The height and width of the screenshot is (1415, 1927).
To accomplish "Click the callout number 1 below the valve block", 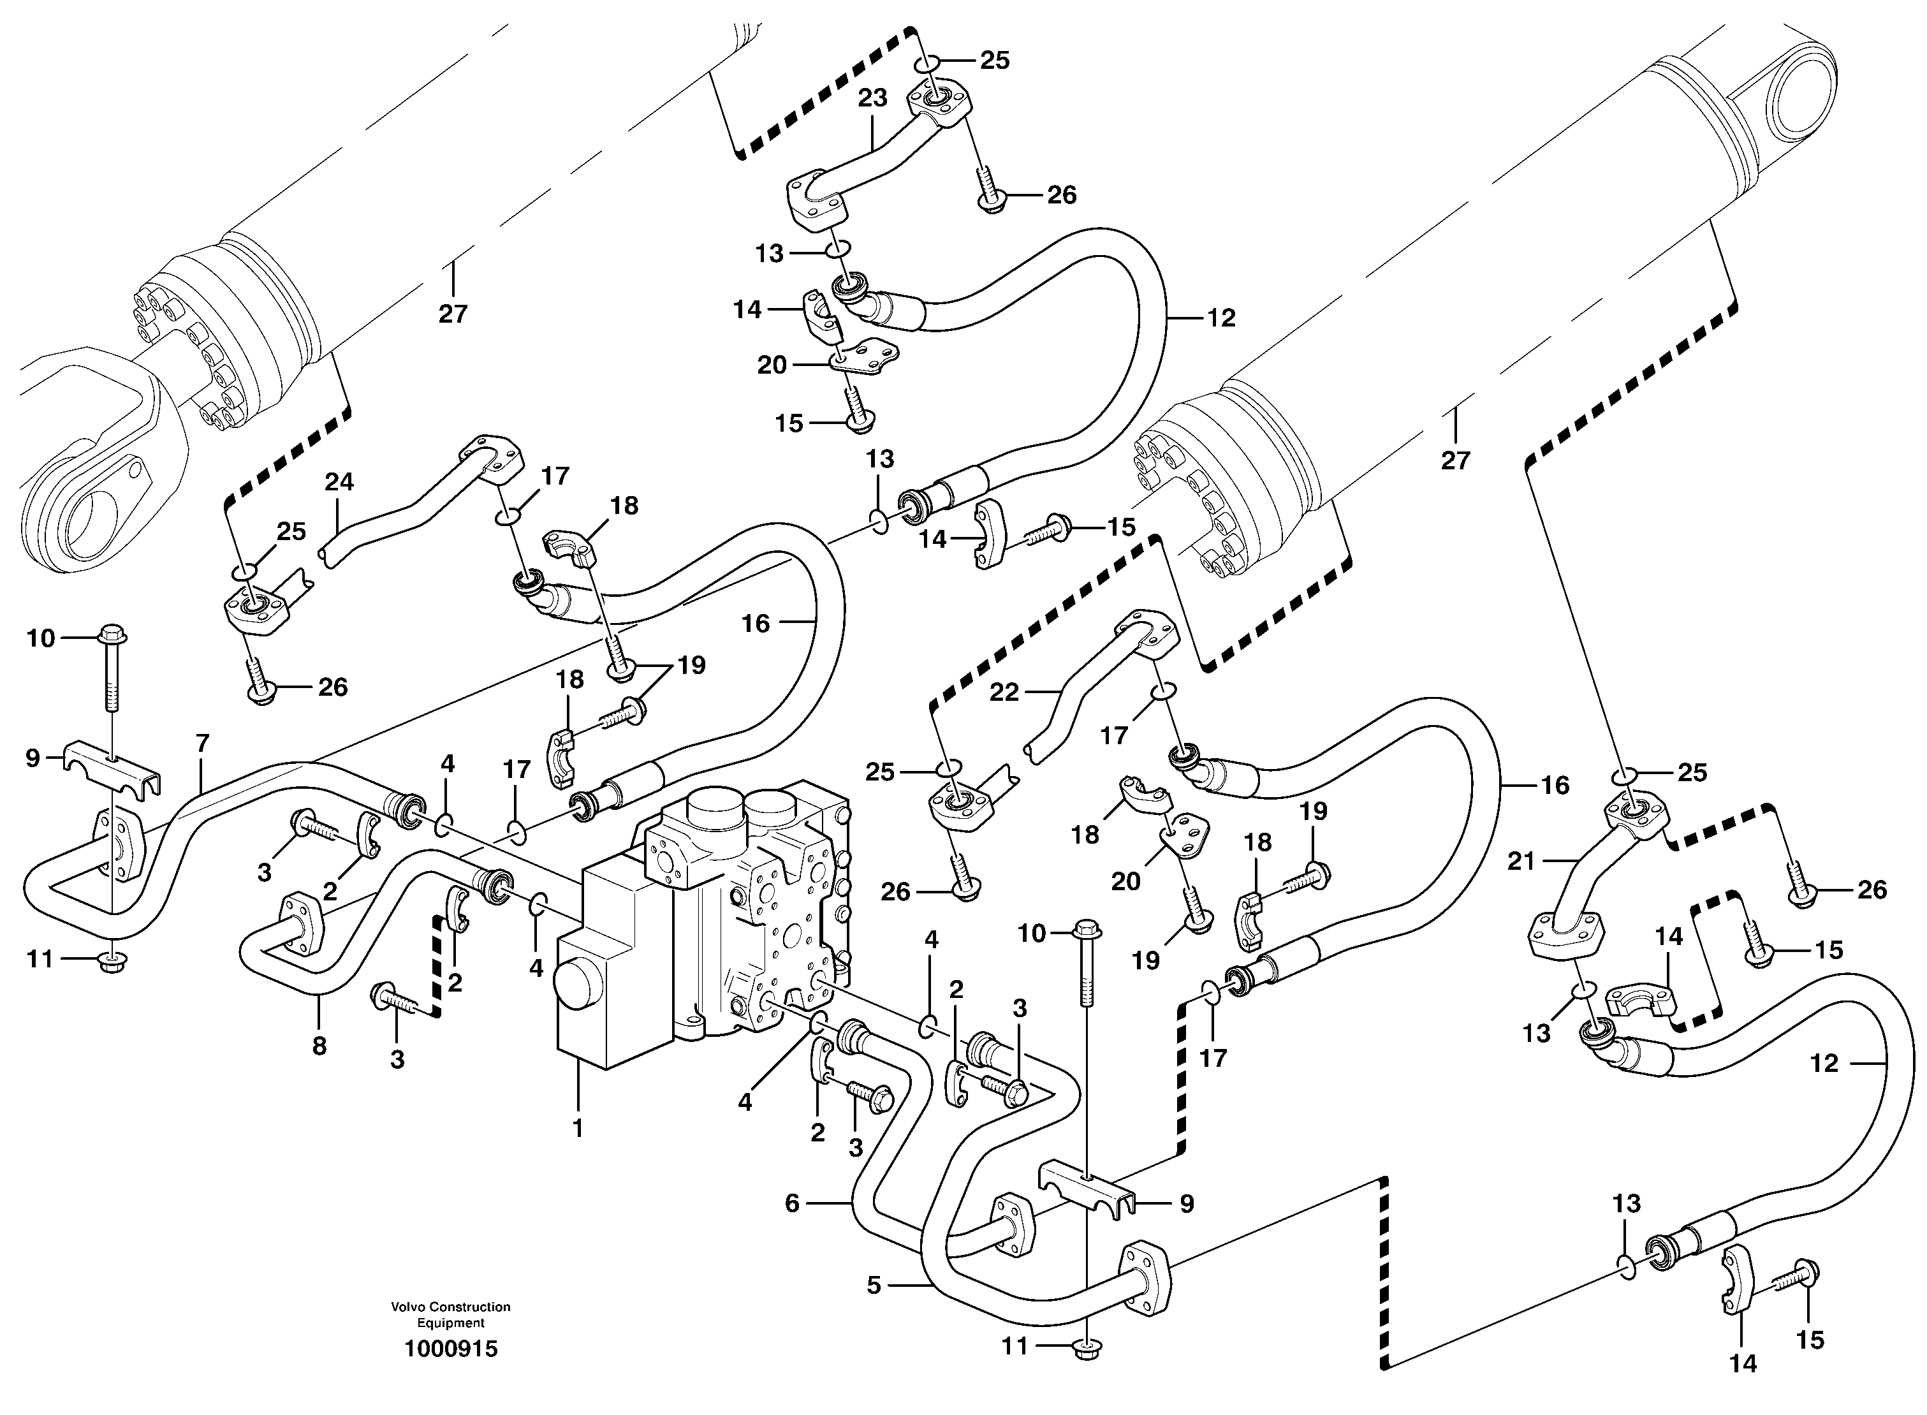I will (x=578, y=1128).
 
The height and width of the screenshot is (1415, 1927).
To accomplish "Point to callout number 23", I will (x=873, y=98).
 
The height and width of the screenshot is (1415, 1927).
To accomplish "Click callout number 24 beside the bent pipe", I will (x=339, y=482).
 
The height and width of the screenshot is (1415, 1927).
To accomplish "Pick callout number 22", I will (x=1004, y=691).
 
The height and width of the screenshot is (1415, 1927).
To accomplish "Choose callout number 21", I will (x=1521, y=861).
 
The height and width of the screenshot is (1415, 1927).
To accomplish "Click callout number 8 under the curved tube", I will (x=319, y=1046).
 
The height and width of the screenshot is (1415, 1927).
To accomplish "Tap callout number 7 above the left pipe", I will (x=202, y=743).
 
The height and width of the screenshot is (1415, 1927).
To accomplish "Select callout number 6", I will (x=791, y=1203).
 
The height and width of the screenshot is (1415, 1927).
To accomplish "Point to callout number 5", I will (x=873, y=1286).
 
